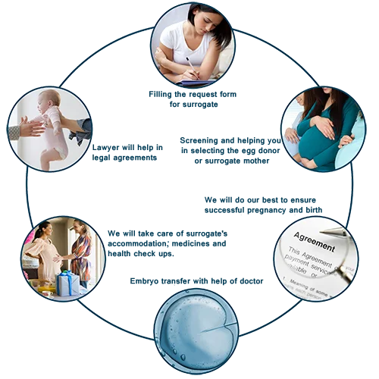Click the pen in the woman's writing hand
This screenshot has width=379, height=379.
pyautogui.click(x=192, y=67)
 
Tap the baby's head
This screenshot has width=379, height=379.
pyautogui.click(x=49, y=101)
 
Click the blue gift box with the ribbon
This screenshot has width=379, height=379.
pyautogui.click(x=67, y=283)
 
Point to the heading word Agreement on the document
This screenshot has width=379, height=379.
pyautogui.click(x=314, y=242)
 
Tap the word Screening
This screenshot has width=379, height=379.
pyautogui.click(x=199, y=141)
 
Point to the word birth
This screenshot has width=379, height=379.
pyautogui.click(x=314, y=210)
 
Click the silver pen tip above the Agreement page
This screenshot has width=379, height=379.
pyautogui.click(x=324, y=231)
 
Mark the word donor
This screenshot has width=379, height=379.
pyautogui.click(x=268, y=151)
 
